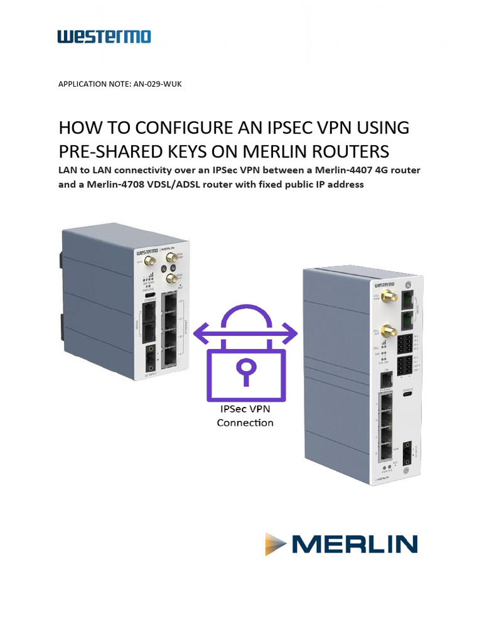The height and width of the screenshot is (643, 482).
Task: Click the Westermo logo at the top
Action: pyautogui.click(x=104, y=37)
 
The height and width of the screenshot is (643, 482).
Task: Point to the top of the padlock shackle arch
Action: pyautogui.click(x=245, y=308)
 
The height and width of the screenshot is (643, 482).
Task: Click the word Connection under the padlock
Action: pyautogui.click(x=245, y=423)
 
